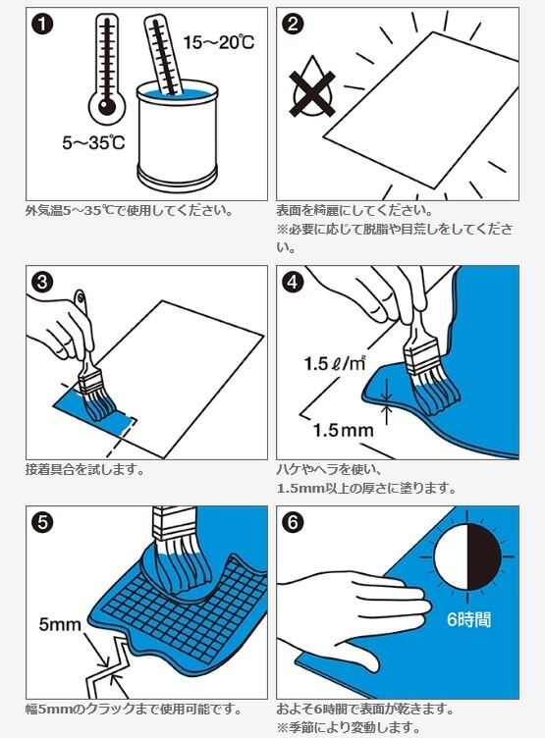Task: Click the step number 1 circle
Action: [42, 24]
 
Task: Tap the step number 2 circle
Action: [293, 24]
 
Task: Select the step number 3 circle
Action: [42, 282]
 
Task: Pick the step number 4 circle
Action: [293, 282]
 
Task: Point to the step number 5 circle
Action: [42, 522]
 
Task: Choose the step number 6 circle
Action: [293, 522]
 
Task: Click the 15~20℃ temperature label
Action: [219, 43]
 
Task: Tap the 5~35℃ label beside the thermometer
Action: [93, 142]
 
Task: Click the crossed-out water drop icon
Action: [312, 88]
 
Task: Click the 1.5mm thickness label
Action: [343, 430]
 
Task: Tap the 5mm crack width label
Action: [60, 624]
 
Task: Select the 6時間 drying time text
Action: [468, 619]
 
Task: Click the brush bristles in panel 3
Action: [100, 403]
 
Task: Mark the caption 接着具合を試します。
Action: [84, 469]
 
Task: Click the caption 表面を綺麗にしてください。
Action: [354, 210]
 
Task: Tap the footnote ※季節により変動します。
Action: [349, 727]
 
